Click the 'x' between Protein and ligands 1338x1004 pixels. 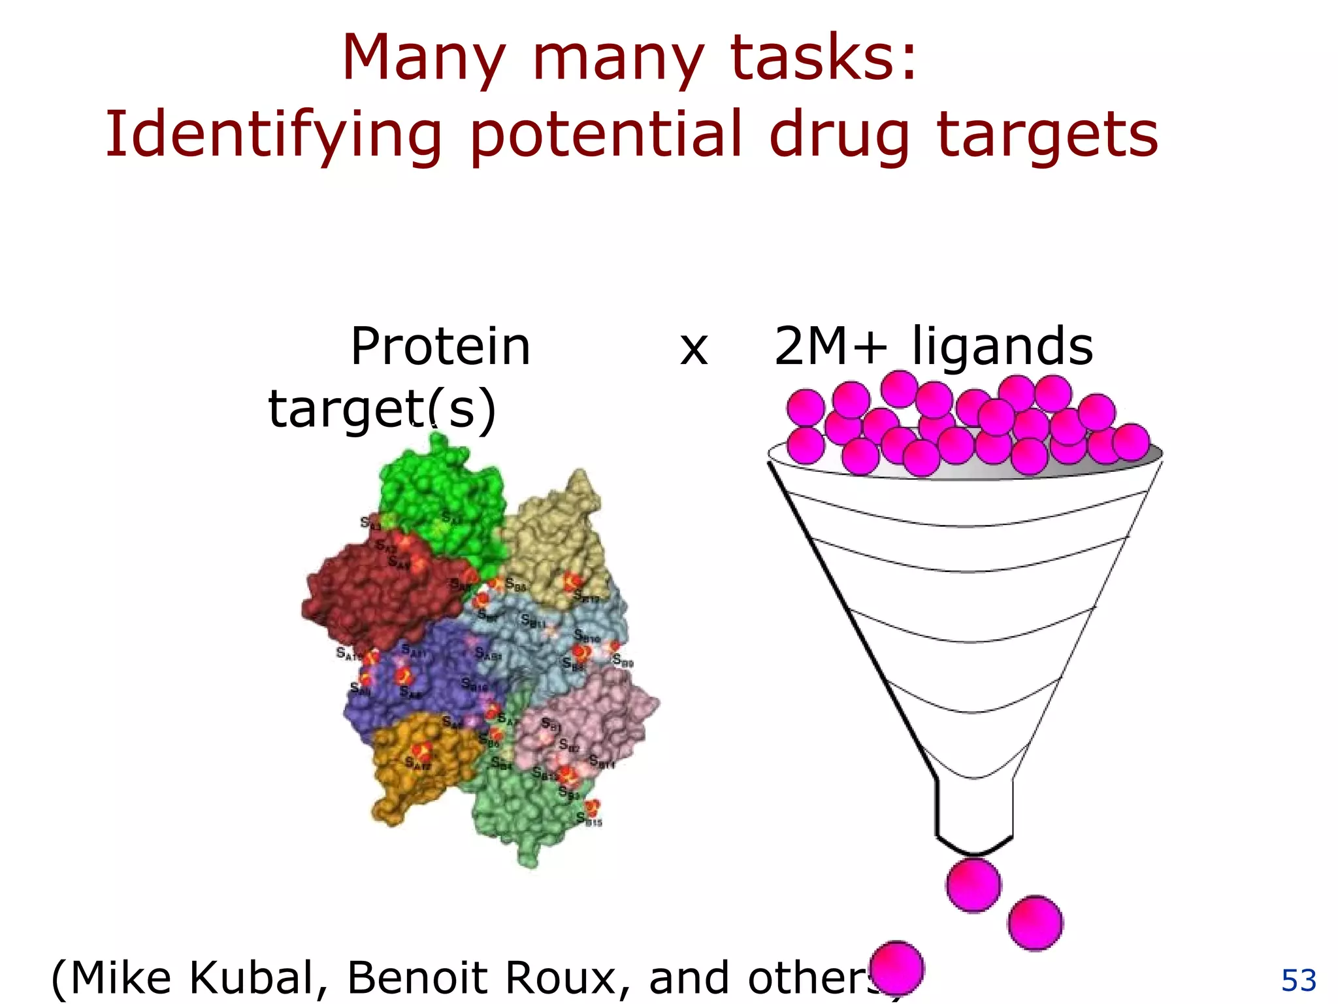(694, 349)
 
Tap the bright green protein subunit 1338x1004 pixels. (444, 490)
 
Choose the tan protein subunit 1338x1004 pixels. (555, 536)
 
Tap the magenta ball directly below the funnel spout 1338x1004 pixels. (973, 885)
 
